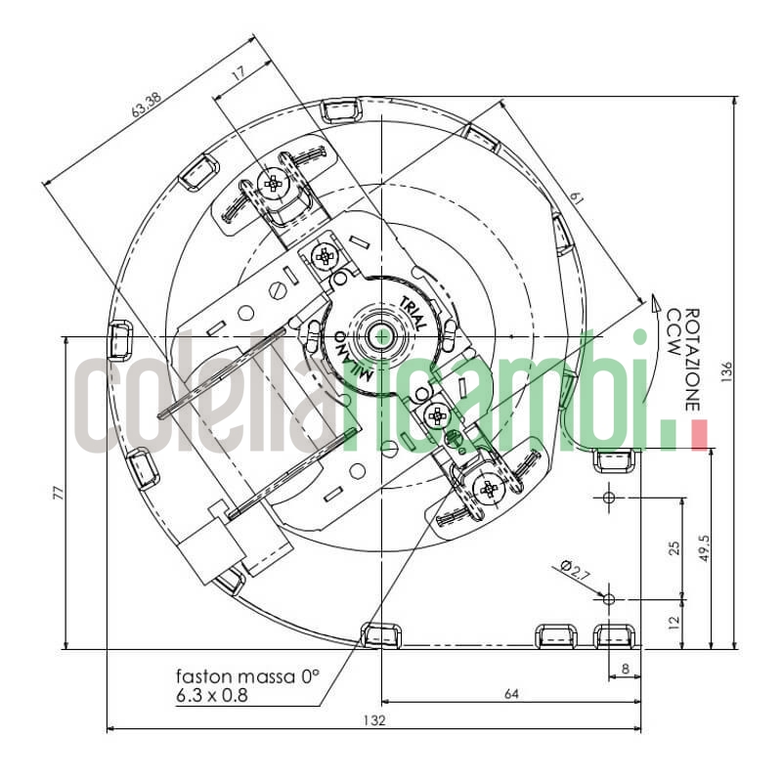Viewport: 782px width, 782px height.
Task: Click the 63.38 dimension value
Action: coord(147,106)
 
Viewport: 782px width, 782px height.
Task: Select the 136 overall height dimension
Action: coord(726,372)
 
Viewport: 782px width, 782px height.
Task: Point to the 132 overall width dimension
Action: coord(374,720)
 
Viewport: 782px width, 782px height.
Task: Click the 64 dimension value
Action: coord(511,694)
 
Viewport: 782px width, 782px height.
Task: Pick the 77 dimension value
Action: coord(59,493)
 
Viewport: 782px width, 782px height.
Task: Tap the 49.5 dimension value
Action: coord(704,548)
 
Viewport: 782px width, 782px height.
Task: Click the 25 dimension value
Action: coord(673,548)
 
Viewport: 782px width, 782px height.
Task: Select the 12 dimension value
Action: coord(673,622)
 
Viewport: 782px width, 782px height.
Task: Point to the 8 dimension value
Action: coord(626,669)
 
